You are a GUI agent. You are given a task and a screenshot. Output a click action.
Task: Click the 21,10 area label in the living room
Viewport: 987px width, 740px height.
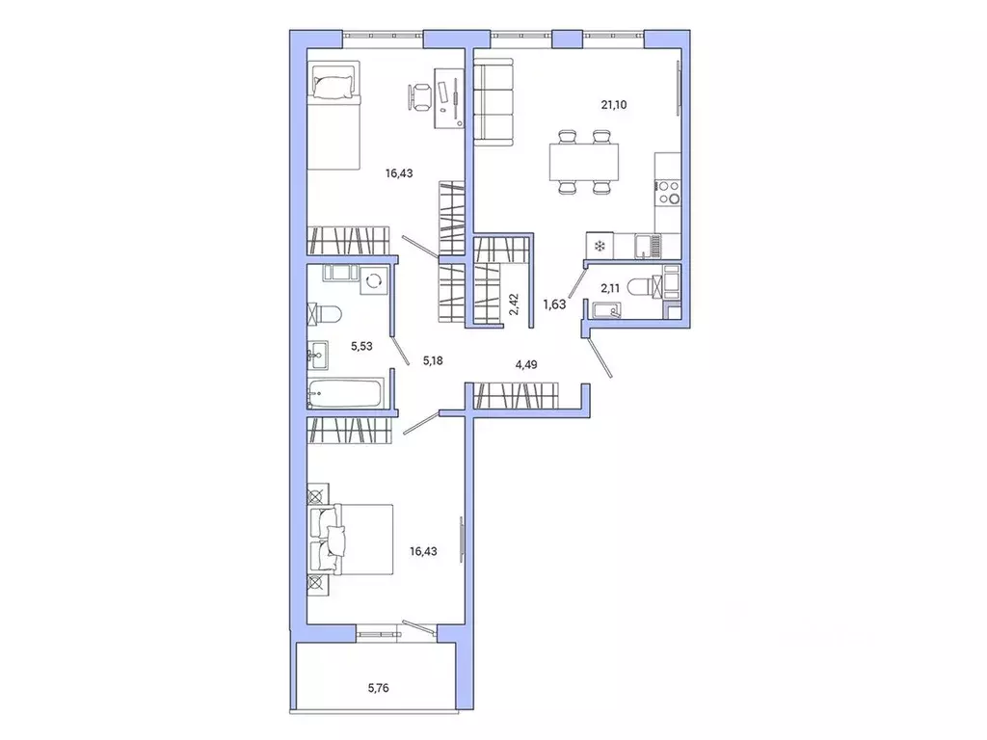pos(614,105)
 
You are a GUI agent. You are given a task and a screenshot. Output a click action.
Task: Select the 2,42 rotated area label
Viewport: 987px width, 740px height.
pos(515,305)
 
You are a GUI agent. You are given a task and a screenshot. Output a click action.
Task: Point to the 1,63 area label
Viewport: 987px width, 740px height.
pos(555,304)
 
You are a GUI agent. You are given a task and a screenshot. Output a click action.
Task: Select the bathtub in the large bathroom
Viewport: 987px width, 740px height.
pos(347,391)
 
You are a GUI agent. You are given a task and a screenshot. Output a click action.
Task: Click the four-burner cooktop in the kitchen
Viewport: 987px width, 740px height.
pos(667,193)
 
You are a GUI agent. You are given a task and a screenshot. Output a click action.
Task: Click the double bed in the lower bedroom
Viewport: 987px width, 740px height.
pos(351,540)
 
